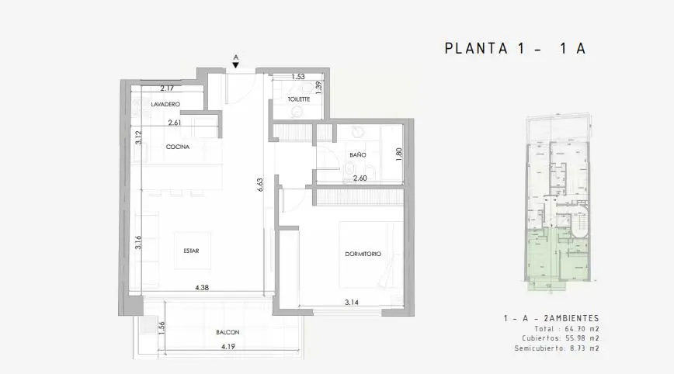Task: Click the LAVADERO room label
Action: coord(165,104)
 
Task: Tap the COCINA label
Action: coord(178,147)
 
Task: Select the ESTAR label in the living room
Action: coord(191,251)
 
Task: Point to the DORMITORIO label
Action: coord(363,254)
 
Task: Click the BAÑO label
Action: coord(358,154)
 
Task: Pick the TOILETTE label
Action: coord(299,99)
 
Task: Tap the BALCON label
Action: coord(228,332)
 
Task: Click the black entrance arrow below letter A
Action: coord(235,65)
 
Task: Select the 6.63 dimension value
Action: coord(259,185)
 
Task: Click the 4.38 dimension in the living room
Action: coord(202,288)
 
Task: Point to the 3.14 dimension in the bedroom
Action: coord(352,303)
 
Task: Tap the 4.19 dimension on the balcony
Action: coord(228,347)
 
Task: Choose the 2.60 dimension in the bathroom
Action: coord(360,178)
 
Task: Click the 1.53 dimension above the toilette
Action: coord(298,77)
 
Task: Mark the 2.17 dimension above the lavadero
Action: coord(167,88)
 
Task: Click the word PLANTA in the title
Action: coord(476,49)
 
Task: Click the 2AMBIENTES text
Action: coord(572,318)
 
